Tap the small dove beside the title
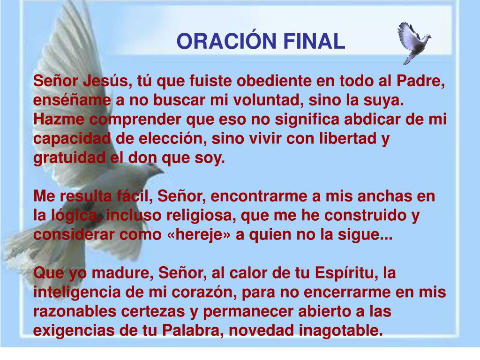413,41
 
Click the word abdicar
367,120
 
